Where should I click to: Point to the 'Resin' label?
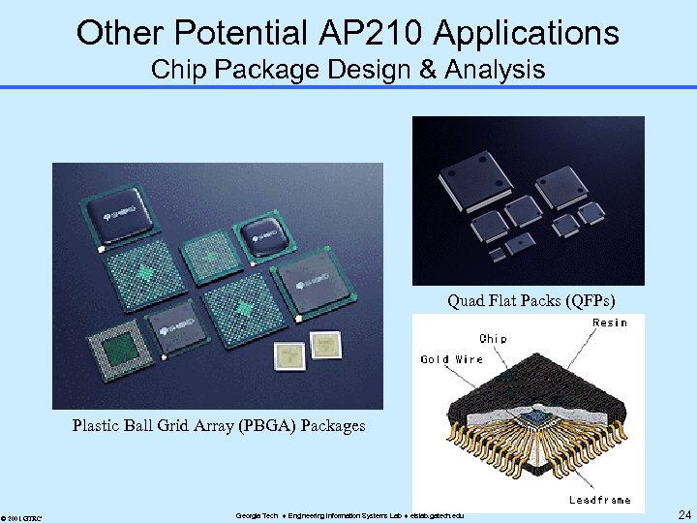point(609,323)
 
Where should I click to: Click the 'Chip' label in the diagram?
point(493,339)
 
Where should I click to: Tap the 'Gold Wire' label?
point(451,359)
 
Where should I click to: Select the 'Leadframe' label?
point(600,500)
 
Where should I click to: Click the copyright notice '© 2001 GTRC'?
point(20,515)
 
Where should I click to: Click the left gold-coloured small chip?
point(288,355)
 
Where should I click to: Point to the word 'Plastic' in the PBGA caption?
point(97,425)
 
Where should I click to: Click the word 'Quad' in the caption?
point(467,300)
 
